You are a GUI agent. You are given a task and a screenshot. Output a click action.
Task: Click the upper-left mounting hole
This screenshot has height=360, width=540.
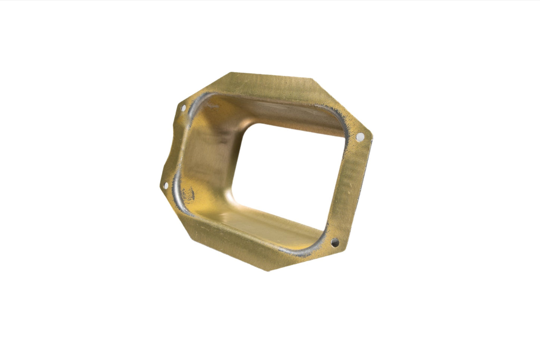point(183,108)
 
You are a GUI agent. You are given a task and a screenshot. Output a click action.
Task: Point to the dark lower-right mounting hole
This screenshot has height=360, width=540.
point(335,243)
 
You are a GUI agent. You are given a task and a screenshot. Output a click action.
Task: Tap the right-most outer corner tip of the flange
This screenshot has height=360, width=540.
point(373,140)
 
